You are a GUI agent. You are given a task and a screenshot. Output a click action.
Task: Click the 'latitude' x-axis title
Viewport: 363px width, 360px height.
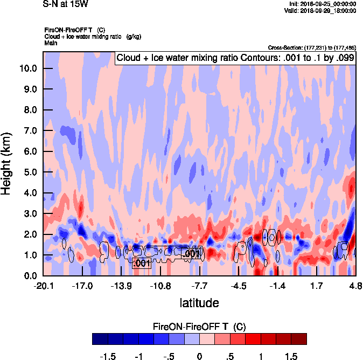tap(199, 303)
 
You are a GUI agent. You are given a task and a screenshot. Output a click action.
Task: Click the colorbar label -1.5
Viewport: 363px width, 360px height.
tap(108, 357)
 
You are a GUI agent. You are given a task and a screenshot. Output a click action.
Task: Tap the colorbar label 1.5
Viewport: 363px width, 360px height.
tap(291, 357)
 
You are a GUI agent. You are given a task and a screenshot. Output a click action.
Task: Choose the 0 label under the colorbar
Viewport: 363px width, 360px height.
tap(200, 357)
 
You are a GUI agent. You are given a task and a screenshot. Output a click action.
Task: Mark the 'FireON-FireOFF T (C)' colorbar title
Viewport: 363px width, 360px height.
tap(199, 327)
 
